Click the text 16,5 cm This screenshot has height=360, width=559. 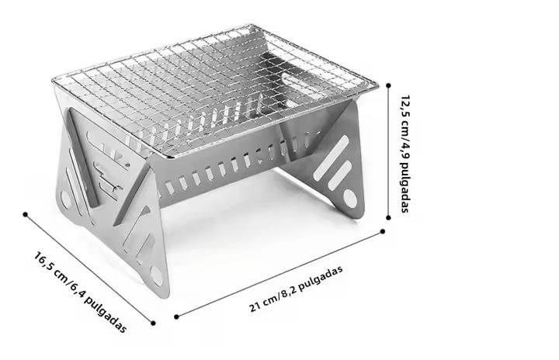(x=50, y=266)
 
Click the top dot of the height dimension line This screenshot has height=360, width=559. (x=388, y=85)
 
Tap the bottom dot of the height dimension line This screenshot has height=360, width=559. (x=388, y=217)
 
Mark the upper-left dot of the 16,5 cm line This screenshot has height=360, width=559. (x=25, y=214)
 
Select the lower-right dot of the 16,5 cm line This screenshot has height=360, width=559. (x=153, y=324)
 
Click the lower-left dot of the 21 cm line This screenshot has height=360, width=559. (x=176, y=317)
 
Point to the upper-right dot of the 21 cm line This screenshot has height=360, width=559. (x=383, y=231)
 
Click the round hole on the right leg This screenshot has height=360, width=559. (x=349, y=198)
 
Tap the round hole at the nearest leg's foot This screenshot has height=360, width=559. (x=157, y=275)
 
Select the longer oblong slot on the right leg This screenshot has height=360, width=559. (x=331, y=157)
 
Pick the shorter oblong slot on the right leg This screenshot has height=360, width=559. (x=339, y=175)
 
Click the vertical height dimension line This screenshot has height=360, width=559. (x=388, y=151)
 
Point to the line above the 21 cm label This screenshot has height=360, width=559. (x=279, y=274)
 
